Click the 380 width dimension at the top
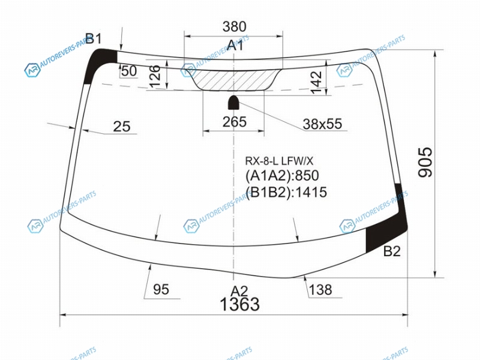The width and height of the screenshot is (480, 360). point(234,26)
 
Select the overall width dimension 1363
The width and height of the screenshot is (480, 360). point(239,304)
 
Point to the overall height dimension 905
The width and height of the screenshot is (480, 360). point(425,162)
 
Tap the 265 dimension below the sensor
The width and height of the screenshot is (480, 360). point(235,122)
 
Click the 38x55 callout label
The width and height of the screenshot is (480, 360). point(322,124)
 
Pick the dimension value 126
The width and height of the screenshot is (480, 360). point(155,76)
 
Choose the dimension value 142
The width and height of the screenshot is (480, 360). point(316,82)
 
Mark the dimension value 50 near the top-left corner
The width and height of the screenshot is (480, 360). point(129,71)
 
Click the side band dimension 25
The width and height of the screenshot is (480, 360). point(122,126)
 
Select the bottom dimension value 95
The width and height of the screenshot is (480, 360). point(161,289)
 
